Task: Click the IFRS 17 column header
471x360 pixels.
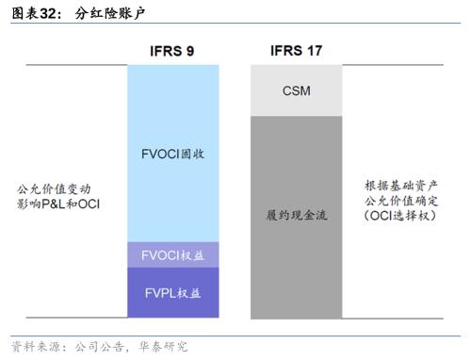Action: pos(295,50)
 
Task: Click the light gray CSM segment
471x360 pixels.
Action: pos(296,91)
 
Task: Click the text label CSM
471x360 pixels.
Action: pos(296,91)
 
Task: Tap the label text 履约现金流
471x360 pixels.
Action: pos(296,215)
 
